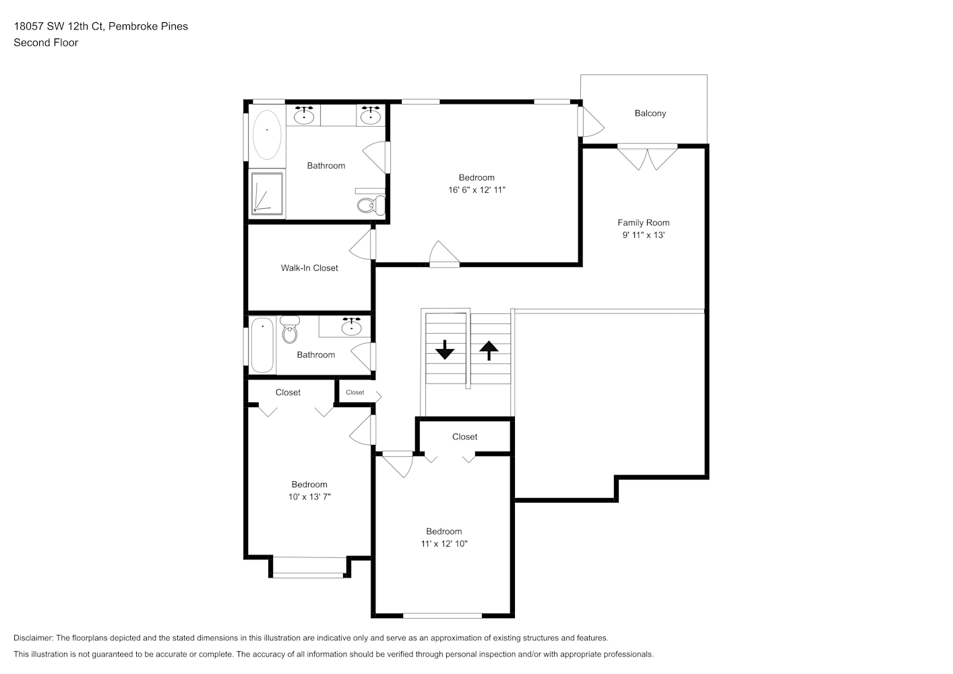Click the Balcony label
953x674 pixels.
pos(650,113)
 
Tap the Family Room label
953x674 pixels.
pos(643,222)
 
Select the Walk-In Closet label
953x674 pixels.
pos(309,268)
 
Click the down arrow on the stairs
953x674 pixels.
pos(445,350)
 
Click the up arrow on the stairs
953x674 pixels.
pos(489,350)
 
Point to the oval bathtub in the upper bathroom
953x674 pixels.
pos(267,135)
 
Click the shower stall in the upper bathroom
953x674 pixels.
pos(267,193)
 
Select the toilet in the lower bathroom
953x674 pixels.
pos(290,330)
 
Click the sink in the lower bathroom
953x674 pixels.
pos(351,327)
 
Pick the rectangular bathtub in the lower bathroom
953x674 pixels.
pos(262,345)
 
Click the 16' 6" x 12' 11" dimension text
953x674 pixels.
pos(476,190)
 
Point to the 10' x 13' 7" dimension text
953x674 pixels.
pos(309,497)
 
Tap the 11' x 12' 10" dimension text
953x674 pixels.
pos(444,543)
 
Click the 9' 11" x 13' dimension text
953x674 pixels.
pos(643,235)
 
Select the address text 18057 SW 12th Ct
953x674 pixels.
pos(59,26)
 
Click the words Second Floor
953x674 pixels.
pos(46,42)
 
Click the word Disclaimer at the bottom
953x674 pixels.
pos(34,638)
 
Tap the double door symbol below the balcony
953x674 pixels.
pos(647,156)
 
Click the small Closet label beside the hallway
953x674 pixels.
pos(355,392)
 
